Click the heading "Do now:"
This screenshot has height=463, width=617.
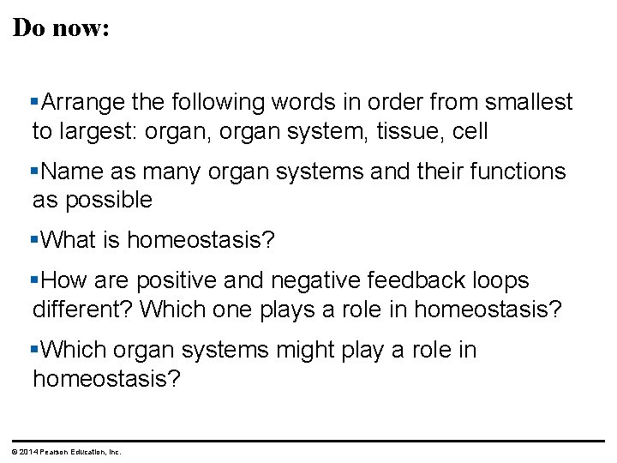click(x=61, y=27)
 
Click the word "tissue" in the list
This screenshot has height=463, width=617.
click(x=407, y=131)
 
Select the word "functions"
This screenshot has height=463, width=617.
click(x=515, y=171)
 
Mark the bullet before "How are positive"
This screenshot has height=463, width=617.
click(x=35, y=281)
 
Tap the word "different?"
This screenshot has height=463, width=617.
click(x=82, y=309)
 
